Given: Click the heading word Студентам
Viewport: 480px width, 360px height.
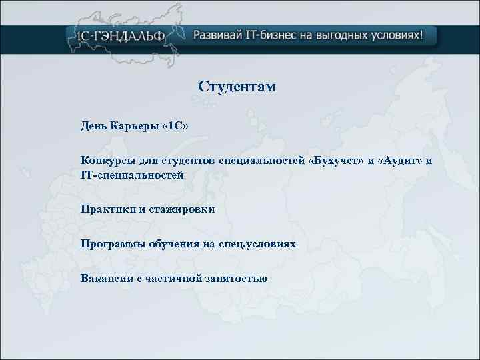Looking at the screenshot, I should [x=237, y=87].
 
